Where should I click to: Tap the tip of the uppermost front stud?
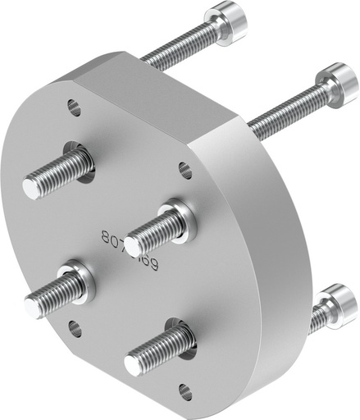click(31, 187)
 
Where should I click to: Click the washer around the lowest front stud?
click(183, 337)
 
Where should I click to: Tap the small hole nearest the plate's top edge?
click(74, 106)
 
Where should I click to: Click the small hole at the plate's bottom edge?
click(185, 390)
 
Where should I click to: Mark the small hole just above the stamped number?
click(185, 170)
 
